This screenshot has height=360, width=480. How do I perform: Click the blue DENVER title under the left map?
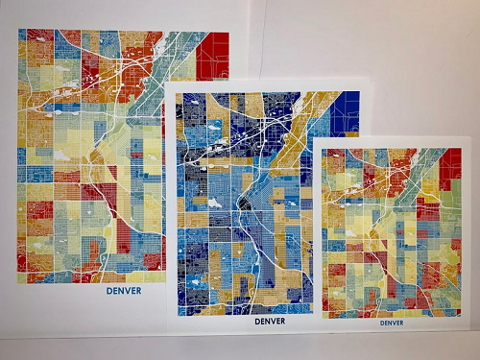coord(124,291)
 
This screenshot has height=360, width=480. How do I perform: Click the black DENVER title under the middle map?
coord(270,322)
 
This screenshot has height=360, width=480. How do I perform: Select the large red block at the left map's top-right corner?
coord(213,56)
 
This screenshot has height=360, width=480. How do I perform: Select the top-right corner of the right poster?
coord(468,139)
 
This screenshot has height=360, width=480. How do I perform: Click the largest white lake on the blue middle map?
coord(213,204)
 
